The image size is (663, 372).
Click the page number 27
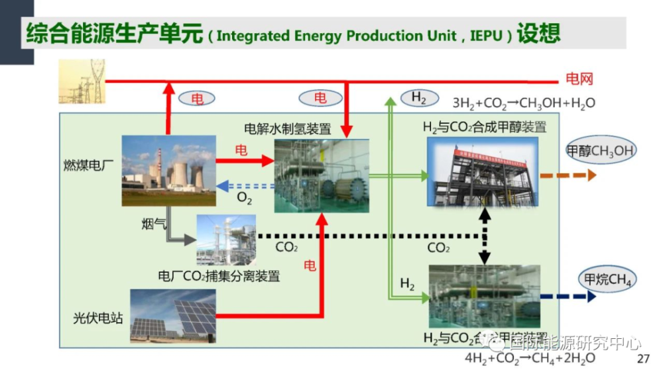pos(642,359)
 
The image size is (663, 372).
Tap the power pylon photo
pos(82,81)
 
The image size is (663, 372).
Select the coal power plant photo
pos(168,171)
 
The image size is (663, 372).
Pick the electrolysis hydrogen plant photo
pos(322,175)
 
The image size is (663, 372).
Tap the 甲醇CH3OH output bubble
pos(600,151)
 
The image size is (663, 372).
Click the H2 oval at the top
pos(419,99)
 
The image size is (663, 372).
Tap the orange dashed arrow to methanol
pos(568,175)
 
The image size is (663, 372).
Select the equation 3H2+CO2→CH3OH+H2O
pos(524,103)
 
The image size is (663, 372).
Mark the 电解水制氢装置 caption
pos(288,128)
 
